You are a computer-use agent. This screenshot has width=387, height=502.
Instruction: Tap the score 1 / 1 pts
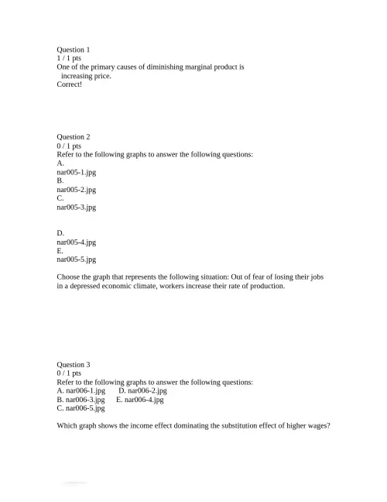coord(69,58)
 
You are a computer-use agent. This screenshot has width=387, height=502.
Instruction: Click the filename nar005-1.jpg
coord(77,172)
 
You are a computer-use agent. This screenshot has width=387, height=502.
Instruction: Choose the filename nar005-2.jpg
coord(77,190)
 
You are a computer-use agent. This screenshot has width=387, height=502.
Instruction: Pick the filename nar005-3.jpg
coord(77,208)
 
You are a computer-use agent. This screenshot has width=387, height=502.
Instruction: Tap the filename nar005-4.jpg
coord(77,242)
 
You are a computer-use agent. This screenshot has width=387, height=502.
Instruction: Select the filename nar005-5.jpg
coord(77,260)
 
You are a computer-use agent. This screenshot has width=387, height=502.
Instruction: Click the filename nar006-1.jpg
coord(85,391)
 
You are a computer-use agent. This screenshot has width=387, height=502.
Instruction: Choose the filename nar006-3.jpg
coord(85,400)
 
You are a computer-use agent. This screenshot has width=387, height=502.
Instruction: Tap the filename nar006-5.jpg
coord(85,408)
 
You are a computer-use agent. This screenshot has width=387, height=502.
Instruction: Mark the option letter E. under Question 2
coord(60,251)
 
